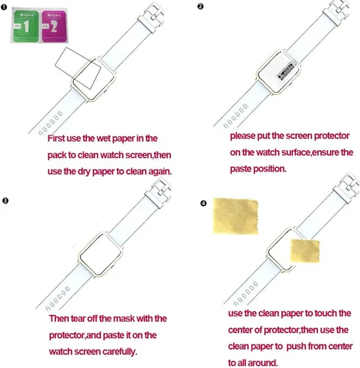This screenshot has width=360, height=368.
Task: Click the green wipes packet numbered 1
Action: [x=25, y=26]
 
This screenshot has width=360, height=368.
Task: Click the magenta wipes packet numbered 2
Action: [x=54, y=26]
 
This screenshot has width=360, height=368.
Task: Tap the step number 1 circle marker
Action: [x=4, y=7]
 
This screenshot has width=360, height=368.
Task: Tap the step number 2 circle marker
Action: [x=200, y=7]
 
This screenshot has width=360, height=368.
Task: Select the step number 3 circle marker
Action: [x=5, y=201]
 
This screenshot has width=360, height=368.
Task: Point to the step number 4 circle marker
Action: [x=203, y=203]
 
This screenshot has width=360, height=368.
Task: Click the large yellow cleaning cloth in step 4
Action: [x=236, y=216]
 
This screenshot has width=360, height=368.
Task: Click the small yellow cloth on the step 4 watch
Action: [x=305, y=251]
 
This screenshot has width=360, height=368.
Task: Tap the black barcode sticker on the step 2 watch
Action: [x=286, y=71]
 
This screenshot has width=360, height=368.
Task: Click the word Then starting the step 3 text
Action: [x=59, y=319]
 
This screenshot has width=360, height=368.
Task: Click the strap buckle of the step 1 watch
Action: [x=152, y=18]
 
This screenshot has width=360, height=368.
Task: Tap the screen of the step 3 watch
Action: [x=101, y=255]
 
